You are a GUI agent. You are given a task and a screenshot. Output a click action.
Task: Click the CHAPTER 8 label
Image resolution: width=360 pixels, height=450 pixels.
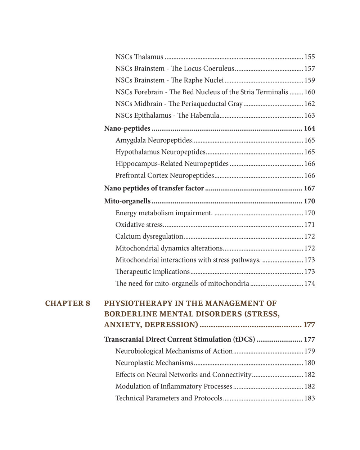[68, 303]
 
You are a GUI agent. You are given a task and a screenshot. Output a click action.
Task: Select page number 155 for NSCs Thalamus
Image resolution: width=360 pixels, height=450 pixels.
[310, 57]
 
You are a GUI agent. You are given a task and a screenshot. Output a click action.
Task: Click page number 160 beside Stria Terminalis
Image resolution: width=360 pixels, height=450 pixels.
[310, 92]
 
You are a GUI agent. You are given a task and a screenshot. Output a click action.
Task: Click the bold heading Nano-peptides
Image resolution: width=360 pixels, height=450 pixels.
[127, 129]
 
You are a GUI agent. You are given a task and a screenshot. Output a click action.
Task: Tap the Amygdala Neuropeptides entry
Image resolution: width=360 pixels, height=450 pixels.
[154, 140]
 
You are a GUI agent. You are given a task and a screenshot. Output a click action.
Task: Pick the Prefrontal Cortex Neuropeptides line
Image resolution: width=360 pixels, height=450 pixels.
[165, 176]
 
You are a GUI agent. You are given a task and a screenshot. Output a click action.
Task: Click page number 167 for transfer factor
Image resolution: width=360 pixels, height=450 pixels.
[309, 188]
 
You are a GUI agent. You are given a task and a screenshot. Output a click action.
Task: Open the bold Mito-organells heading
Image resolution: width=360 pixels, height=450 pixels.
[127, 201]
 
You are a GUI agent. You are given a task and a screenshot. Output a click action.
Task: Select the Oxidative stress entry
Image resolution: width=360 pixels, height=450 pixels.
[140, 225]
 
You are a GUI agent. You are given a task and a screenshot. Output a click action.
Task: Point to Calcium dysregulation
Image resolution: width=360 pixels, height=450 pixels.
[150, 237]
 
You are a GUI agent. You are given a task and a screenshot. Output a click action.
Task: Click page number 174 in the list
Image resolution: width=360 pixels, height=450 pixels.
[310, 284]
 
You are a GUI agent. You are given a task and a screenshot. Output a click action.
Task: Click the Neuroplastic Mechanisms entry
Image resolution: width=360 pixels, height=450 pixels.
[154, 363]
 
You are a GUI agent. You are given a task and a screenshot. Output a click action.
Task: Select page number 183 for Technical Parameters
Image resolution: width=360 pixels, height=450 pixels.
[310, 398]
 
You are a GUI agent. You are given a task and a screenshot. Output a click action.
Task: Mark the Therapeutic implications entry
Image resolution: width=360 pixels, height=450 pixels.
[152, 272]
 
